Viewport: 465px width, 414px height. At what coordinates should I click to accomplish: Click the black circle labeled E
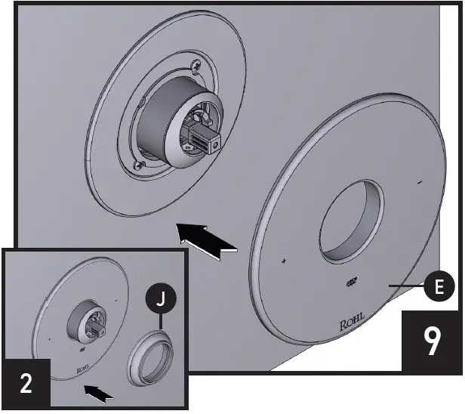pos(439,286)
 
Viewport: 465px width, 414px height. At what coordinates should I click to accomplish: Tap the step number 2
pos(26,384)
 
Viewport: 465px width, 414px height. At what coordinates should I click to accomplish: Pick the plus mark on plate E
pos(284,261)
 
